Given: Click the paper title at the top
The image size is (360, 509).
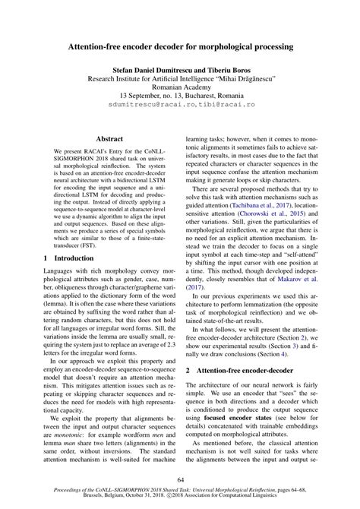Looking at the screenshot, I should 180,47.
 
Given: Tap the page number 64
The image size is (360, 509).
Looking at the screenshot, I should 180,479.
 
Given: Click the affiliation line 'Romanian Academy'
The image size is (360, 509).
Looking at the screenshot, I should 180,88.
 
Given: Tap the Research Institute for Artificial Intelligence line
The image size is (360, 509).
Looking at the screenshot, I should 180,78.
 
